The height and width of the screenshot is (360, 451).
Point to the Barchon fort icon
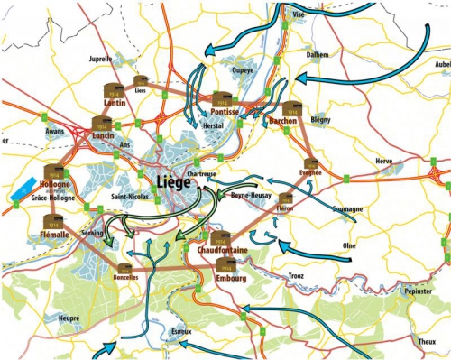(x=290, y=108)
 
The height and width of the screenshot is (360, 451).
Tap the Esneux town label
(x=181, y=331)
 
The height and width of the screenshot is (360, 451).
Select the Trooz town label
(x=297, y=275)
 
